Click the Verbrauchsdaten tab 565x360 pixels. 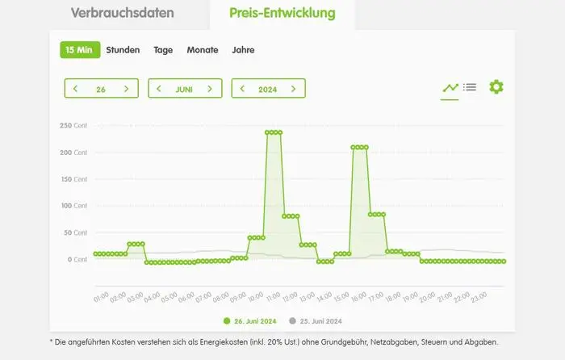click(122, 14)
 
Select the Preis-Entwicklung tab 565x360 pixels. click(282, 14)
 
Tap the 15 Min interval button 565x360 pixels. click(80, 49)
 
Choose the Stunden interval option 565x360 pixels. click(123, 49)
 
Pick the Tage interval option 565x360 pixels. click(163, 49)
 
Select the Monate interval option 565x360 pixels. click(203, 49)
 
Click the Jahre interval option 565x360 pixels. click(243, 49)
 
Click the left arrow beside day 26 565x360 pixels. click(76, 89)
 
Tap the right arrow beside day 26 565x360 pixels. click(126, 89)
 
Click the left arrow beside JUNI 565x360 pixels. click(159, 89)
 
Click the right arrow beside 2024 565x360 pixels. click(293, 89)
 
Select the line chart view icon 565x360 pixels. click(450, 87)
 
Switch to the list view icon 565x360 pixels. click(470, 87)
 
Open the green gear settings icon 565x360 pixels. click(496, 87)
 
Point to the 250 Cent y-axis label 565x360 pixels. click(73, 126)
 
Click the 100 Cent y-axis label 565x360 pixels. click(73, 206)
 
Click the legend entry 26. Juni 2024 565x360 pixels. click(250, 321)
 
